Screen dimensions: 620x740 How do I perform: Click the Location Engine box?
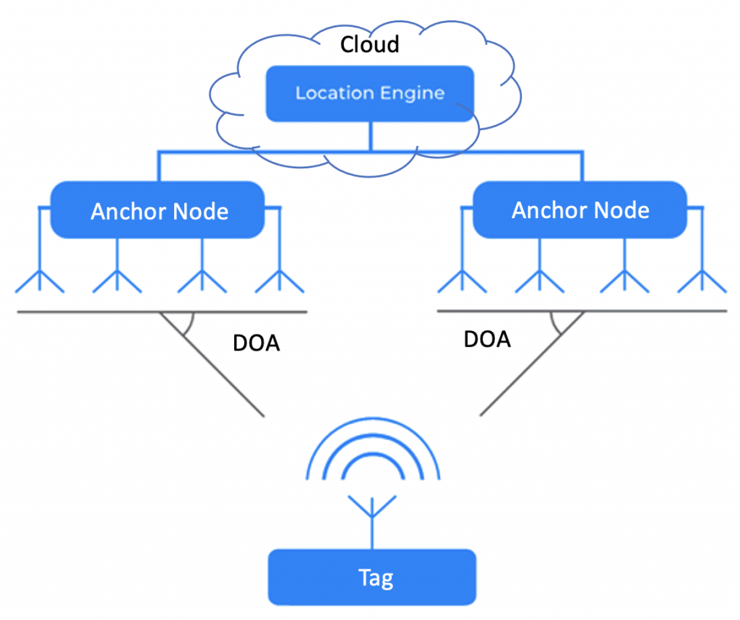(370, 94)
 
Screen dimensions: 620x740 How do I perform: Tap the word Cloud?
(369, 44)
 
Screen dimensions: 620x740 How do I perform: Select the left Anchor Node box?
(159, 211)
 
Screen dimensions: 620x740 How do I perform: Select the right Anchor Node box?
(580, 210)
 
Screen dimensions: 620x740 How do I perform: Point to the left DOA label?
(256, 343)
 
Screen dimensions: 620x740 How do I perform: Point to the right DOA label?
(487, 338)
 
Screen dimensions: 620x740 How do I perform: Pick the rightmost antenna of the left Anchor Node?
(280, 278)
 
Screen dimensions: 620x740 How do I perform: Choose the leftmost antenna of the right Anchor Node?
(461, 278)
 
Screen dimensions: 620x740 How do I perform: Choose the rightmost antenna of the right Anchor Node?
(701, 278)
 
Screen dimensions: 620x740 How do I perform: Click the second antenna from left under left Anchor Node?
(117, 278)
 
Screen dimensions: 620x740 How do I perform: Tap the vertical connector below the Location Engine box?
(371, 136)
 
